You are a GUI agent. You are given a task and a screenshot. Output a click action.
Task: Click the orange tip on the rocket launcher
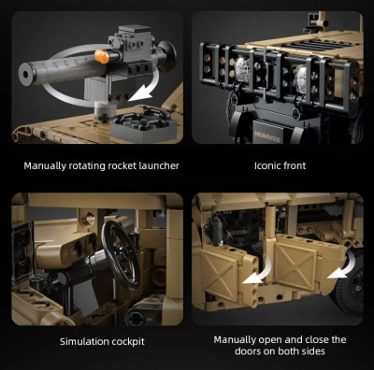pyautogui.click(x=102, y=57)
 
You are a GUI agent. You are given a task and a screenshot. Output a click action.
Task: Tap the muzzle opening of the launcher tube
pyautogui.click(x=25, y=74)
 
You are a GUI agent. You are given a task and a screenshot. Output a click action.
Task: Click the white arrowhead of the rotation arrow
pyautogui.click(x=139, y=92)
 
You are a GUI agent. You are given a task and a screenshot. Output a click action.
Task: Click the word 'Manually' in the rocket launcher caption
pyautogui.click(x=45, y=165)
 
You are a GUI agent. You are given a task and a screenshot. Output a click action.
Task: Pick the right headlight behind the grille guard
pyautogui.click(x=301, y=76)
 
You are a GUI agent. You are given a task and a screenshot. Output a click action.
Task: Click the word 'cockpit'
pyautogui.click(x=128, y=342)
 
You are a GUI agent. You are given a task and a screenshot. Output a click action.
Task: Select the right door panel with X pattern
pyautogui.click(x=295, y=265)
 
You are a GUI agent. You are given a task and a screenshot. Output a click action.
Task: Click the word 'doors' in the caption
pyautogui.click(x=248, y=351)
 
